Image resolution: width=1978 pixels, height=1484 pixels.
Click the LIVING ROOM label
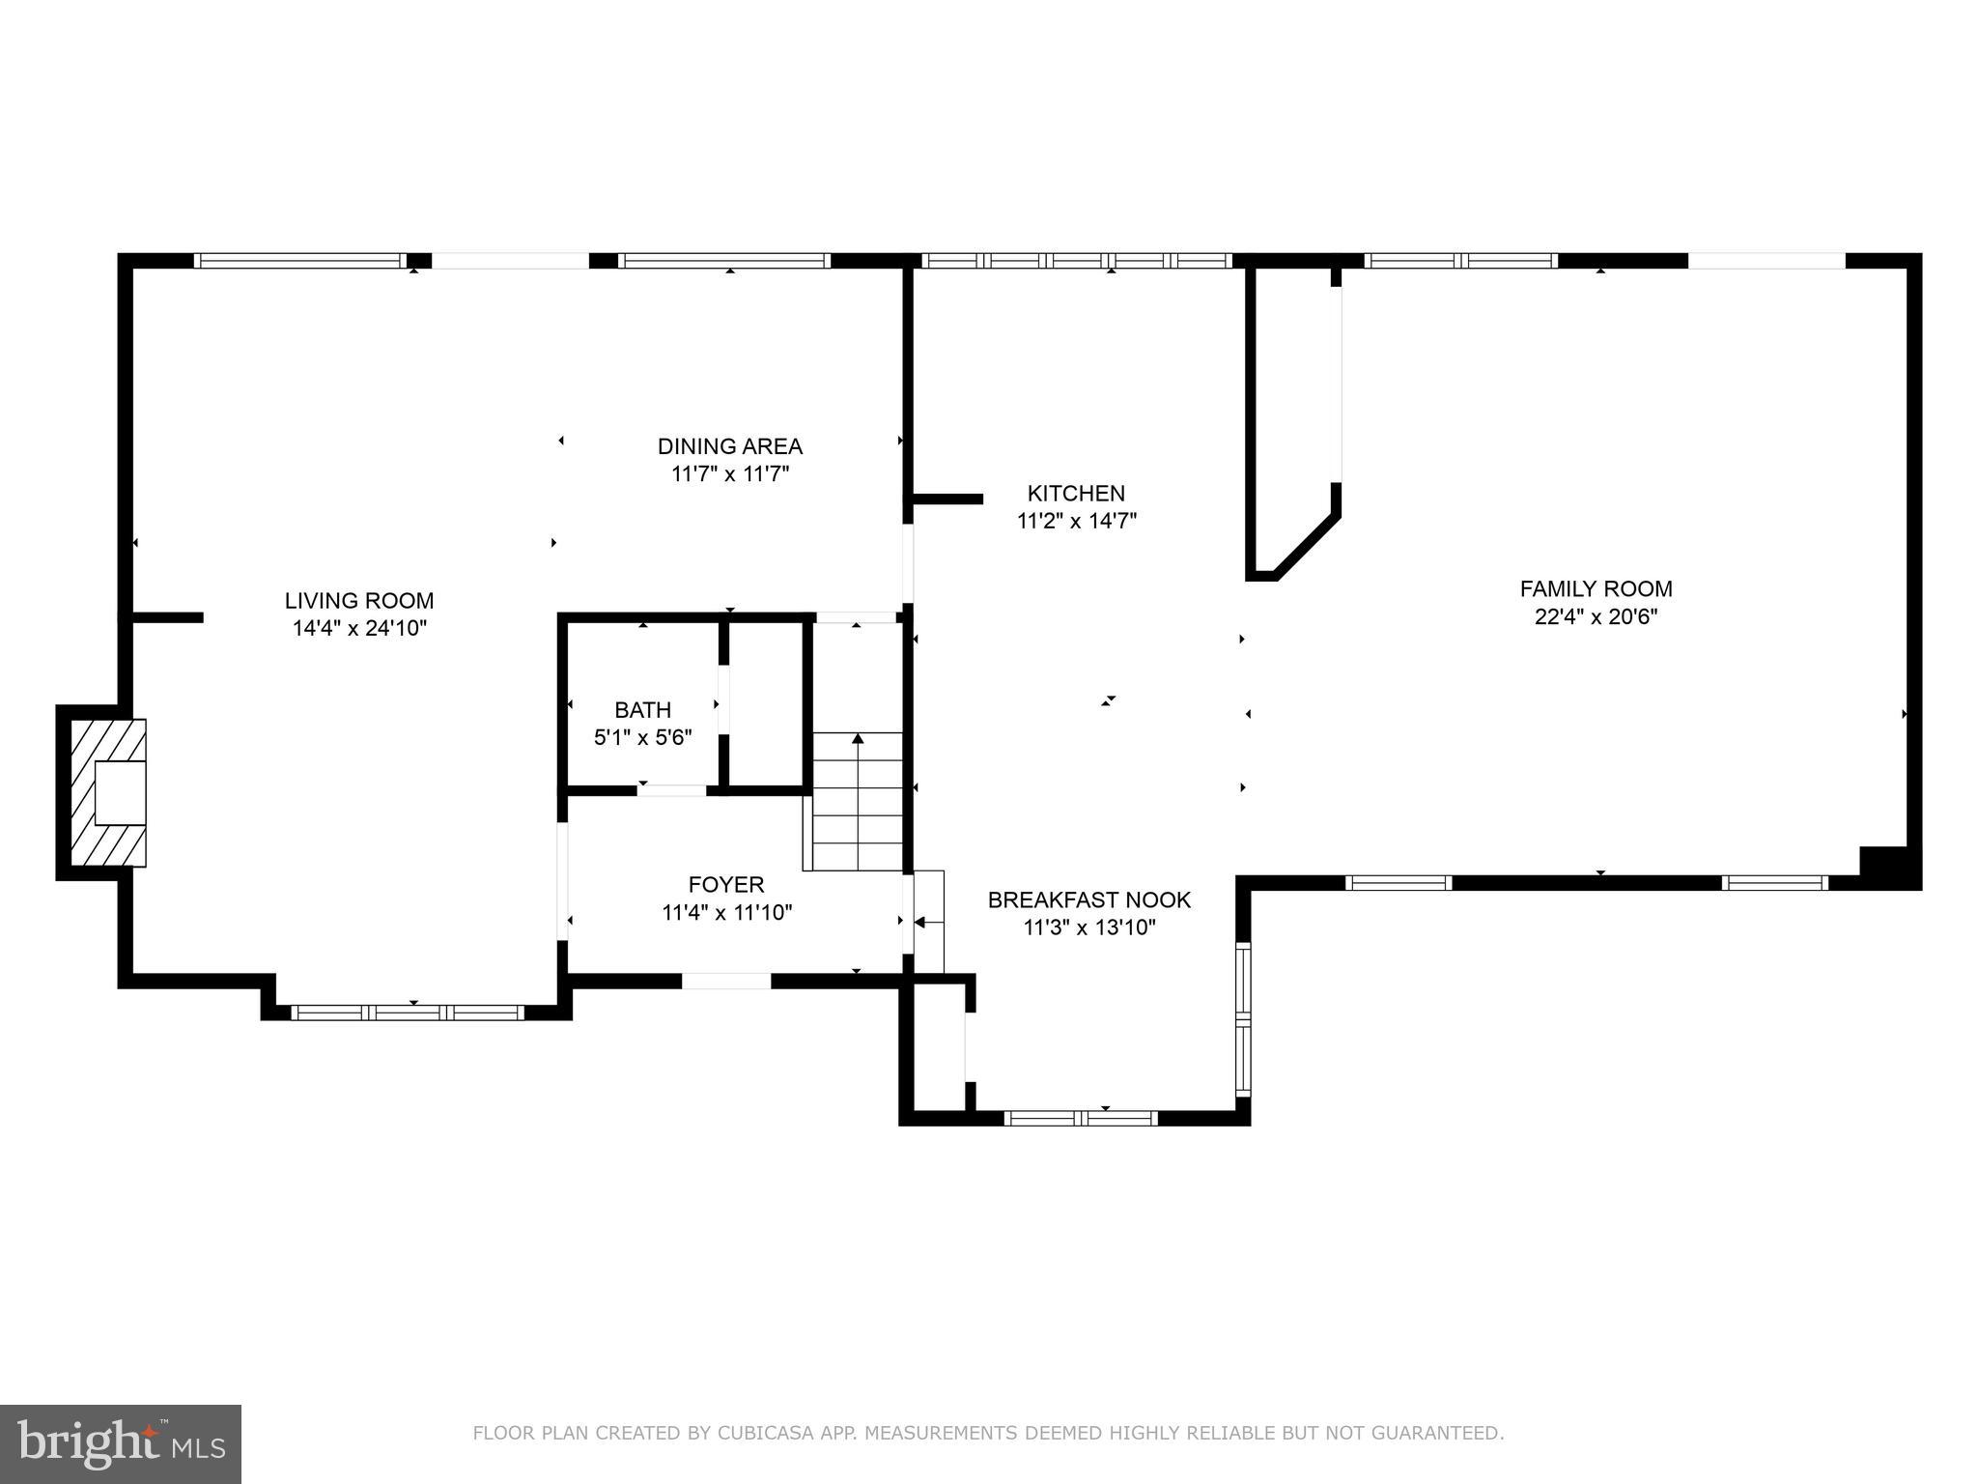(x=358, y=600)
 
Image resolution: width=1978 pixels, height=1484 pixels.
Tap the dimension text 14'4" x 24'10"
(x=359, y=628)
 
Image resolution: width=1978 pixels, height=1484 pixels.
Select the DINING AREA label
(x=729, y=446)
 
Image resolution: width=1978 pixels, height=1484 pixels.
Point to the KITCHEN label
(x=1076, y=493)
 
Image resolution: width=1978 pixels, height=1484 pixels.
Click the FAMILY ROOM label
(x=1596, y=588)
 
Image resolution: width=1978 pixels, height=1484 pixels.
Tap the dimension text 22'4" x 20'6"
(x=1596, y=616)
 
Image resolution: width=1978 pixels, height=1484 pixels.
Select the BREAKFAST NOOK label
(x=1088, y=899)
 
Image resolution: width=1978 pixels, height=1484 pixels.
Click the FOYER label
(x=725, y=884)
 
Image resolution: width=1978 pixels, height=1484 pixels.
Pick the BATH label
(x=642, y=710)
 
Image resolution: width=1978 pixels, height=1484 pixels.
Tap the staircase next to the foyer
(x=858, y=802)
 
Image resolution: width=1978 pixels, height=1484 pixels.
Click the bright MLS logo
(x=121, y=1444)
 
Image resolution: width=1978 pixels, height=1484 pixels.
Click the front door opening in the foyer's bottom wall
(x=726, y=981)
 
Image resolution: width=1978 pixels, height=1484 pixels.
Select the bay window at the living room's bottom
(x=408, y=1013)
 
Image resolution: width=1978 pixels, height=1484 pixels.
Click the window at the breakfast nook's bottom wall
(x=1081, y=1118)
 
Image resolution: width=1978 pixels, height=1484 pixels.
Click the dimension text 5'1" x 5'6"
(x=642, y=738)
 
